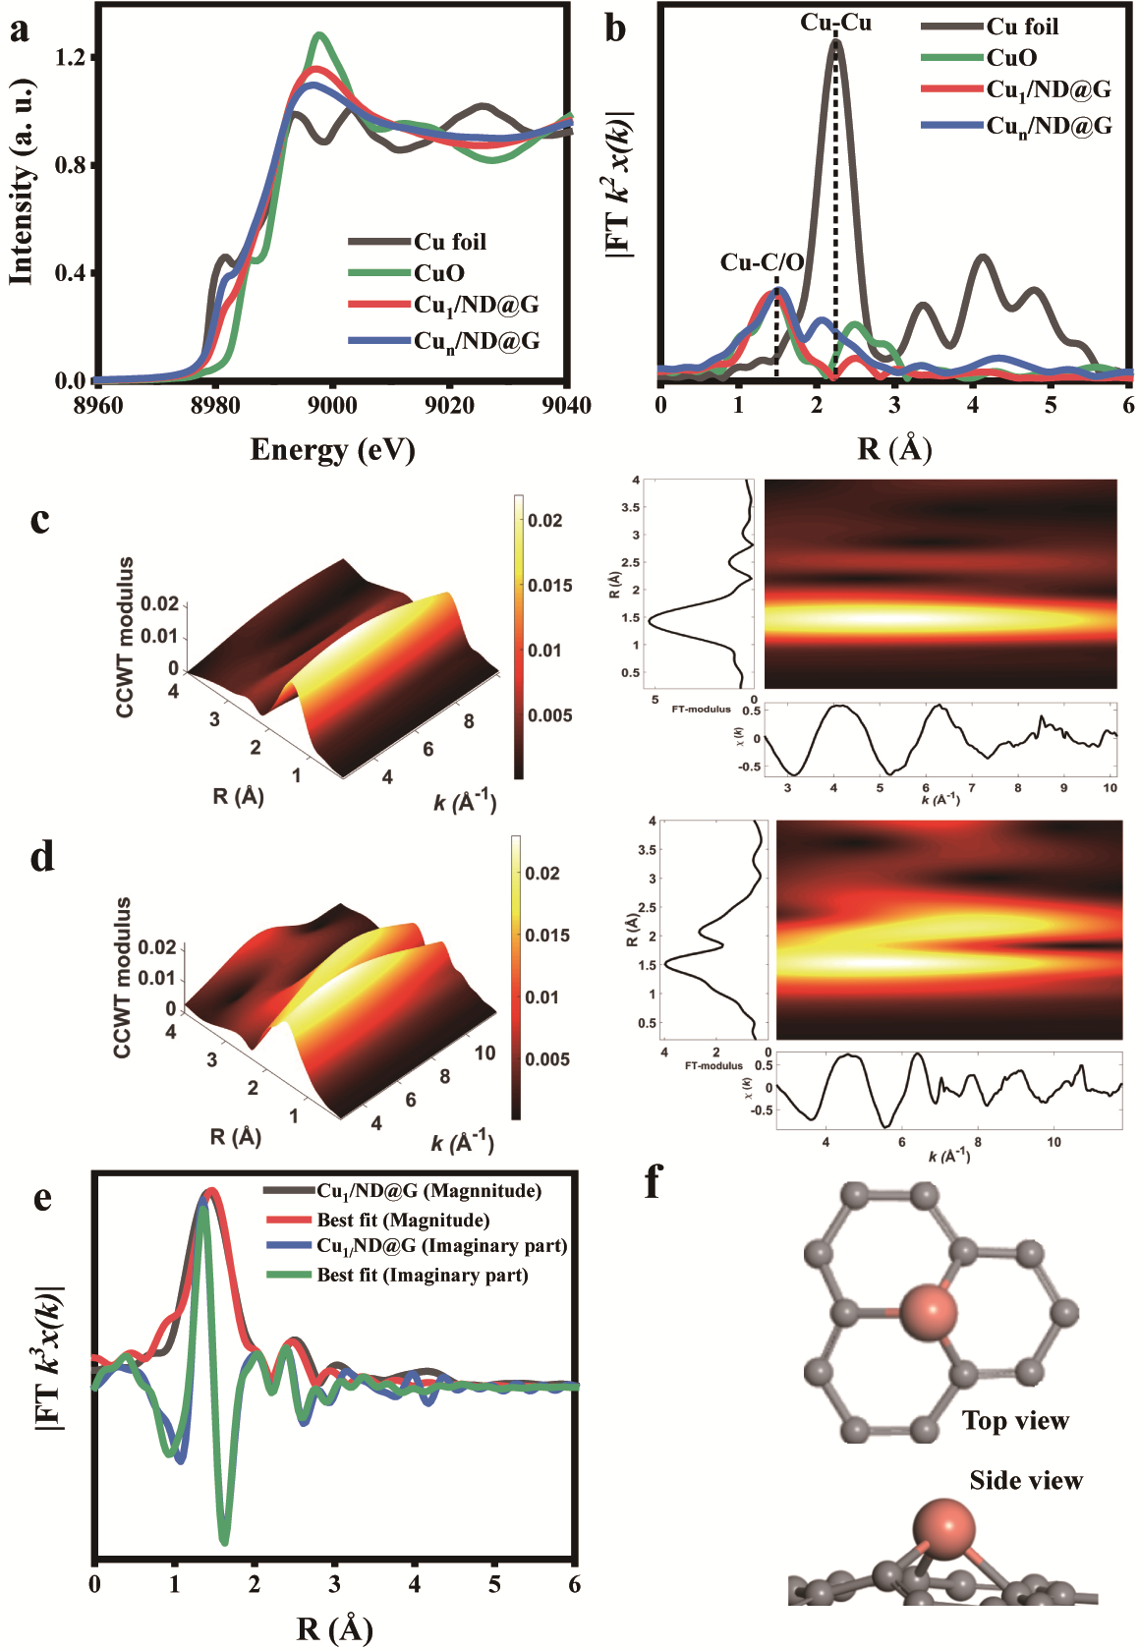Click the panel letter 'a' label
pyautogui.click(x=19, y=29)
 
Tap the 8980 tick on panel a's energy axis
pyautogui.click(x=215, y=406)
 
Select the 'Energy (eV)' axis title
pyautogui.click(x=332, y=450)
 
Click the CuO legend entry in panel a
pyautogui.click(x=438, y=273)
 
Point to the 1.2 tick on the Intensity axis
pyautogui.click(x=71, y=57)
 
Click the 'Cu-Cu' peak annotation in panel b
pyautogui.click(x=835, y=23)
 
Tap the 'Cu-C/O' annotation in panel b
pyautogui.click(x=762, y=262)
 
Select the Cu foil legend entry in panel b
pyautogui.click(x=1022, y=27)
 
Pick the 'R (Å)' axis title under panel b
pyautogui.click(x=894, y=449)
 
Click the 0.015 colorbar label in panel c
pyautogui.click(x=550, y=586)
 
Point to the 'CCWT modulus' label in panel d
pyautogui.click(x=123, y=978)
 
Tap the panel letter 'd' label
pyautogui.click(x=41, y=858)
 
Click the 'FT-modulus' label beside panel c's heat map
pyautogui.click(x=701, y=709)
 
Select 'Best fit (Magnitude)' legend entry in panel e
pyautogui.click(x=403, y=1221)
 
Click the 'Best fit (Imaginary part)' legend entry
pyautogui.click(x=423, y=1276)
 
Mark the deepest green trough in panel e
pyautogui.click(x=225, y=1542)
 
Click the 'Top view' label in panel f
pyautogui.click(x=1015, y=1421)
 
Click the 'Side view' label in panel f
pyautogui.click(x=1026, y=1481)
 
